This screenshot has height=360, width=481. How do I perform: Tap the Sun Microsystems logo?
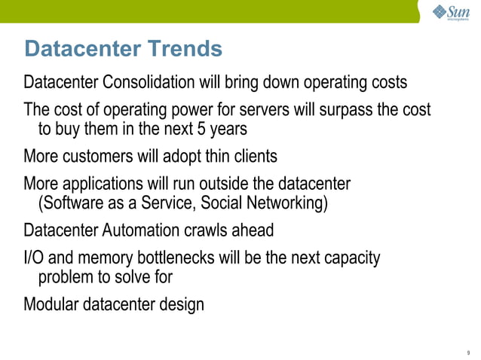[451, 14]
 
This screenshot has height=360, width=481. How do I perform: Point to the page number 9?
[468, 352]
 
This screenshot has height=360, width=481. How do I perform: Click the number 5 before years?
[201, 129]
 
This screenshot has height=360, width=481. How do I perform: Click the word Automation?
[147, 230]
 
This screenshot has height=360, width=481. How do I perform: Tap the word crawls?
[218, 230]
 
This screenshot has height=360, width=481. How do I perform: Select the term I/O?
[35, 258]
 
